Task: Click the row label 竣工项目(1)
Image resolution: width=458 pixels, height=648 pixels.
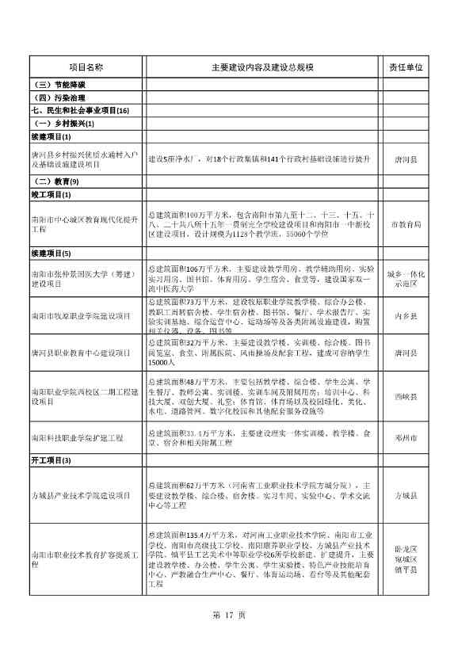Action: (52, 195)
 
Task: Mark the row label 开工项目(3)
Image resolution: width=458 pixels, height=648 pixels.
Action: (52, 460)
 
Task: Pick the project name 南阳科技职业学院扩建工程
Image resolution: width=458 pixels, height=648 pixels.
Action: (78, 437)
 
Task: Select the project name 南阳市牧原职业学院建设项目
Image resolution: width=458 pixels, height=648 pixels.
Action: (81, 315)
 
